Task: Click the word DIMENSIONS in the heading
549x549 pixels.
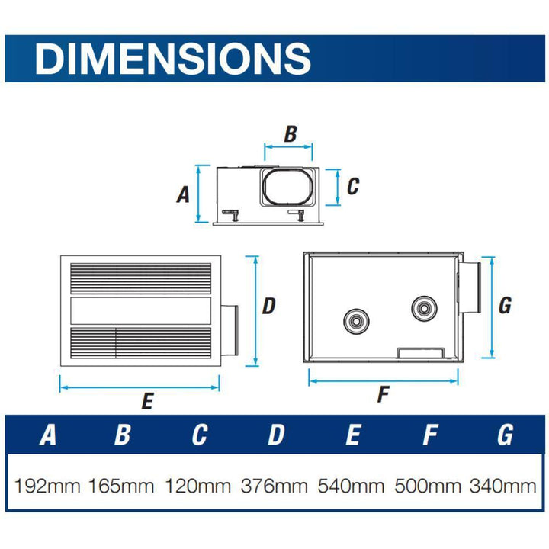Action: [172, 58]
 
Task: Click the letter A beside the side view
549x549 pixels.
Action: [183, 194]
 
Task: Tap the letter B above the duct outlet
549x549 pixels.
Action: [290, 134]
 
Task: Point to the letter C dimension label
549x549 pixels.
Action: [352, 186]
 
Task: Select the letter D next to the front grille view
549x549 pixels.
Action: [268, 307]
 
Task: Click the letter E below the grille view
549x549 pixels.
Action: [147, 401]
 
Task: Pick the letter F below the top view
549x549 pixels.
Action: [384, 395]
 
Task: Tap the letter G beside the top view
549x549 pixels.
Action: [504, 306]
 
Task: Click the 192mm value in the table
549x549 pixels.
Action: [47, 485]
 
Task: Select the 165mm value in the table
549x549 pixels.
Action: [122, 485]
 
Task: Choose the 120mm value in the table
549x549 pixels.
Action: [198, 485]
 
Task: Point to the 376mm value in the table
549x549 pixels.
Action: [274, 485]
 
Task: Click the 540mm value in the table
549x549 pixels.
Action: [352, 485]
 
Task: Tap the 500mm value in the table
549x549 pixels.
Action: [429, 485]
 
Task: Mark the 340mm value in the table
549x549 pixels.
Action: [503, 485]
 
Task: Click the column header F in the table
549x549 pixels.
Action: [429, 435]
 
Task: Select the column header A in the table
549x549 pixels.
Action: [47, 435]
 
